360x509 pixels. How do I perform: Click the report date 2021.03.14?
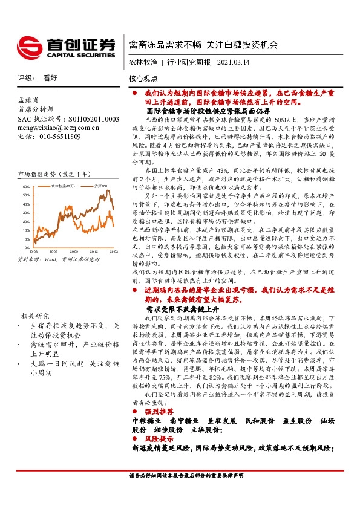(232, 62)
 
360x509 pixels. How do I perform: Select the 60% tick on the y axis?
(25, 187)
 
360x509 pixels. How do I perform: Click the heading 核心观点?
(143, 79)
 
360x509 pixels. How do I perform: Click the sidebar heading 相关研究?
(35, 316)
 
